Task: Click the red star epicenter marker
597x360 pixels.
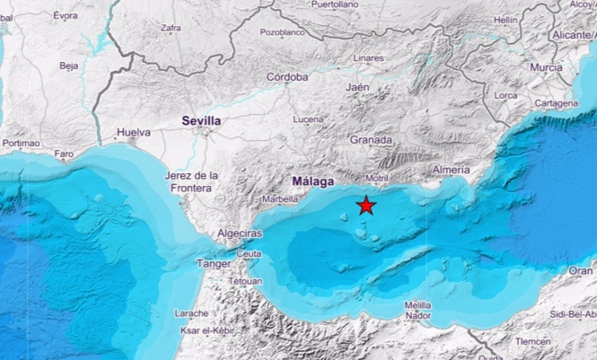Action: point(366,206)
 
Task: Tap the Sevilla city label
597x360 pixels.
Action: point(201,119)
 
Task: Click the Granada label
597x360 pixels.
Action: point(371,140)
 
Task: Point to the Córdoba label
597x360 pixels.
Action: point(287,77)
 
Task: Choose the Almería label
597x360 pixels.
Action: point(450,170)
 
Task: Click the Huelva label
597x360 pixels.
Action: point(134,133)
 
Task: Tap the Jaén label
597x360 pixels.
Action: point(358,88)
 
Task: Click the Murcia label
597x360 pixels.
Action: point(546,67)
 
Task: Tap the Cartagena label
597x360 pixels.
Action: point(556,103)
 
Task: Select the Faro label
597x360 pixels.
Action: point(64,154)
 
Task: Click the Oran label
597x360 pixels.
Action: point(581,270)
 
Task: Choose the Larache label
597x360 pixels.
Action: point(190,313)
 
